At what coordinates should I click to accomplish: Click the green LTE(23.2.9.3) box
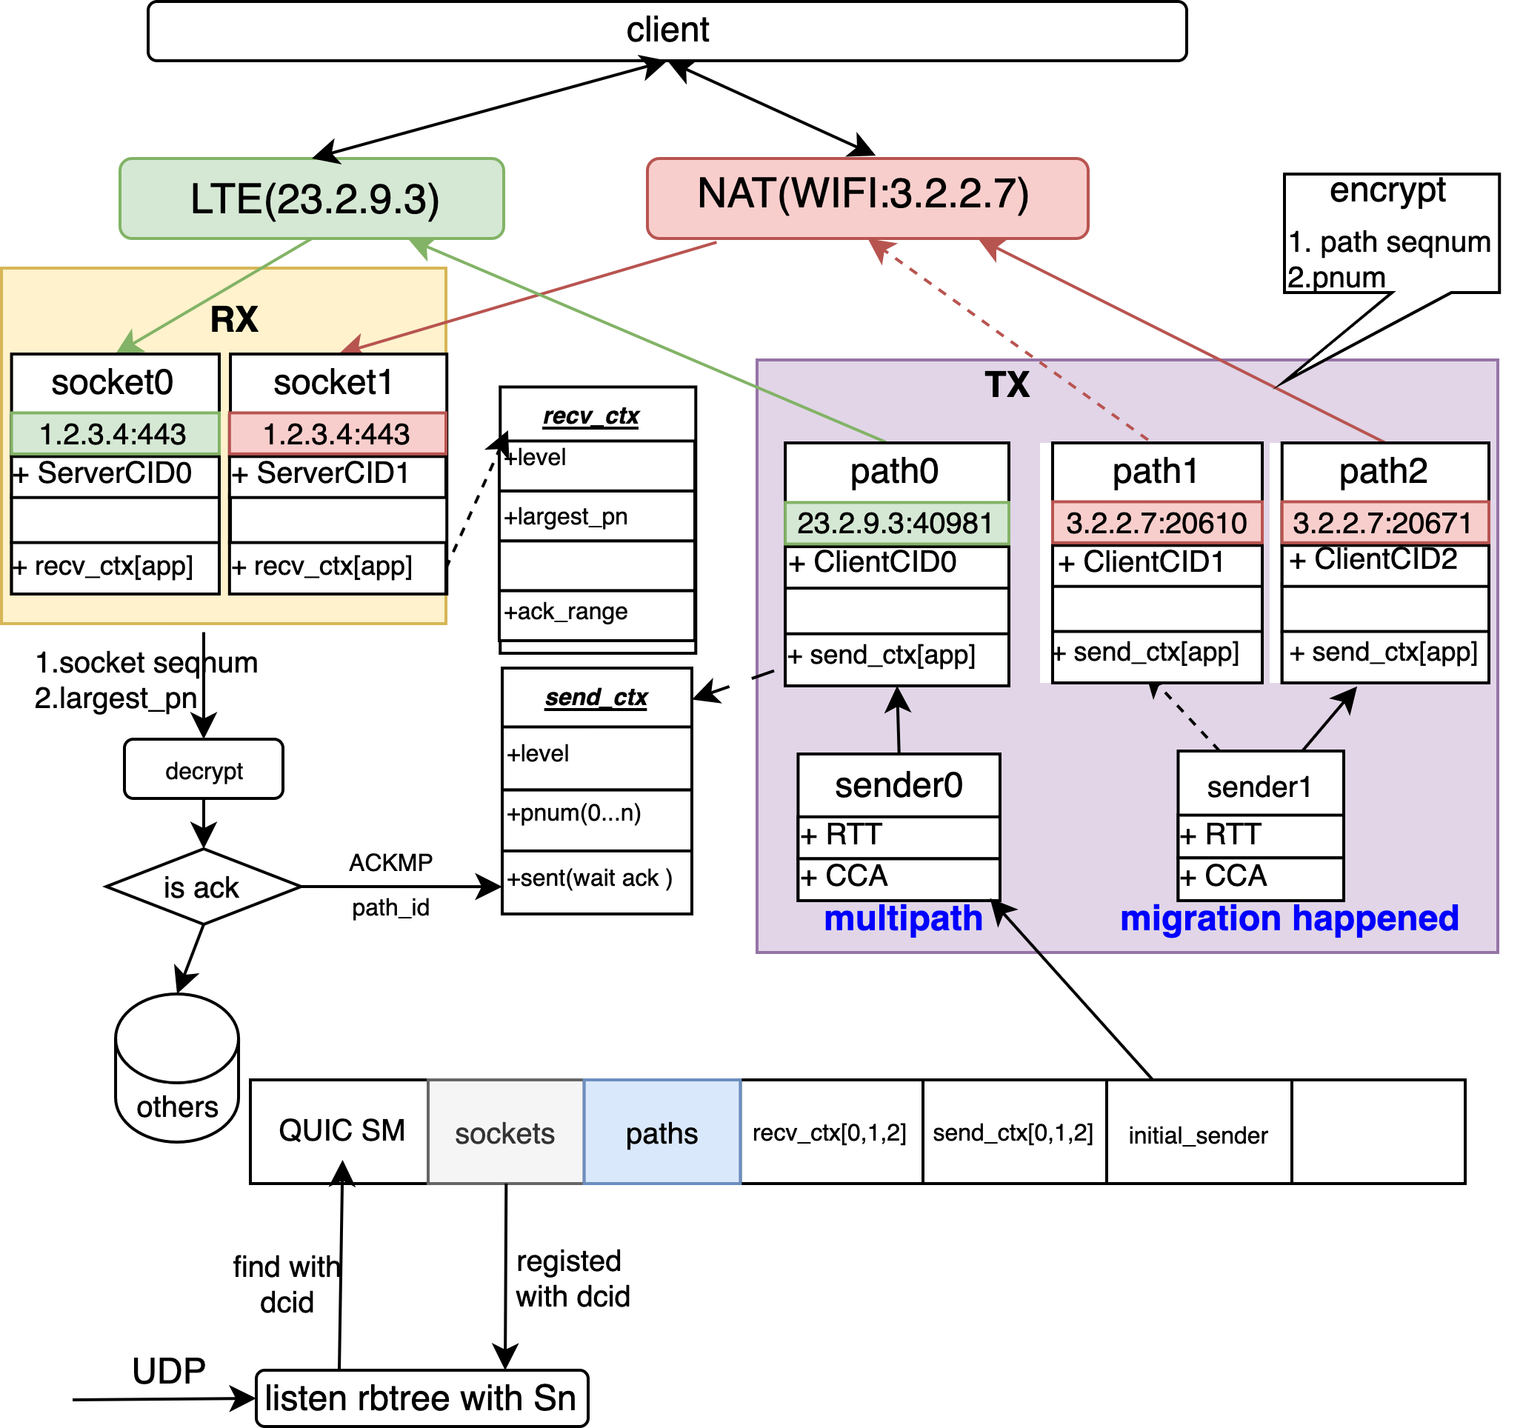(313, 199)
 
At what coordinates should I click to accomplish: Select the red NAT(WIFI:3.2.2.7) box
(867, 198)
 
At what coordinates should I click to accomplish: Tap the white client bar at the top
(667, 30)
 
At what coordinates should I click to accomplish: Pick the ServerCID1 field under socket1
(337, 474)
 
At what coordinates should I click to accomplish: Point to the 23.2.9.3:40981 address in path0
(896, 523)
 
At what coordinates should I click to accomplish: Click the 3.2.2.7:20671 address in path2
(1384, 523)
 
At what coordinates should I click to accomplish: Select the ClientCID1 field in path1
(1156, 563)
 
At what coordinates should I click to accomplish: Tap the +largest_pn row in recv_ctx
(596, 517)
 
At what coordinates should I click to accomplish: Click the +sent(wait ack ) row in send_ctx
(596, 878)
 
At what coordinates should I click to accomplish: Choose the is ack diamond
(202, 887)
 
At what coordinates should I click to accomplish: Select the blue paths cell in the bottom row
(662, 1133)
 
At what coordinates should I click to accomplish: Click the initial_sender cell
(1197, 1135)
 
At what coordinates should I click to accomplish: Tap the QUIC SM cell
(341, 1131)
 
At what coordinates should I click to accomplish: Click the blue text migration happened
(1289, 918)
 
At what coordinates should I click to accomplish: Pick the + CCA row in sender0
(897, 877)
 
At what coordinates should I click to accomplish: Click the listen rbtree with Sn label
(421, 1398)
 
